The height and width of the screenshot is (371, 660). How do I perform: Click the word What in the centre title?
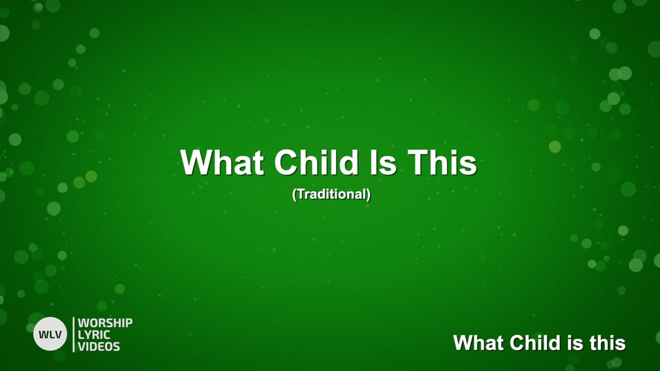pos(222,163)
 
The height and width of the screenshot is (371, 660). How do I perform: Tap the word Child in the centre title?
pos(316,163)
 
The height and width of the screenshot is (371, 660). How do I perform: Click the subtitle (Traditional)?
pos(331,195)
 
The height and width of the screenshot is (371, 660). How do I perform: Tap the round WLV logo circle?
pos(50,334)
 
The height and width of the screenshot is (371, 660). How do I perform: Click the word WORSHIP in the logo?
pos(105,324)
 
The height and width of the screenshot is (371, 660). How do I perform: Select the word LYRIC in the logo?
pos(94,335)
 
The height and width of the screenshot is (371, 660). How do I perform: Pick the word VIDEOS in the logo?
pos(99,346)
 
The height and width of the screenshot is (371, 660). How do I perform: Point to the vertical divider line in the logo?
pos(74,334)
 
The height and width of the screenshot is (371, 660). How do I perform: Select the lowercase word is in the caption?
pos(577,343)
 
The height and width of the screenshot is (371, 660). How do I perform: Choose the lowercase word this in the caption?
pos(608,343)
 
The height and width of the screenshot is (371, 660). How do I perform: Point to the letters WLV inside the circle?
pos(50,334)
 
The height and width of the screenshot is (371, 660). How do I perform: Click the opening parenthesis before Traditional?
pos(294,195)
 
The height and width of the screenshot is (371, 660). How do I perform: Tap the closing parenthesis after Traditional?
pos(368,195)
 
